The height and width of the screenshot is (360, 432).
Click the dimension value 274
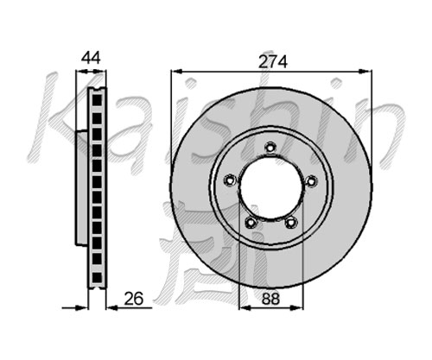pyautogui.click(x=272, y=62)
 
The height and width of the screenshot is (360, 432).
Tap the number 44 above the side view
pyautogui.click(x=91, y=58)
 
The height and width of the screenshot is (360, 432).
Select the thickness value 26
pyautogui.click(x=133, y=299)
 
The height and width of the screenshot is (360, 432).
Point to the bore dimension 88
pyautogui.click(x=270, y=299)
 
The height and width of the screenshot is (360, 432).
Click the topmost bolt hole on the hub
pyautogui.click(x=270, y=148)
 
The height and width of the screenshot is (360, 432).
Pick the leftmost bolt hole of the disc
pyautogui.click(x=230, y=180)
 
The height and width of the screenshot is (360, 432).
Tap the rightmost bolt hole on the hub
pyautogui.click(x=311, y=181)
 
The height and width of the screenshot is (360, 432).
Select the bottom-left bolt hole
pyautogui.click(x=251, y=222)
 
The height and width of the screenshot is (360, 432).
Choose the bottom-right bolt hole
pyautogui.click(x=291, y=222)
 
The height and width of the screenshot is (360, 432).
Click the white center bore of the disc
pyautogui.click(x=271, y=187)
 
